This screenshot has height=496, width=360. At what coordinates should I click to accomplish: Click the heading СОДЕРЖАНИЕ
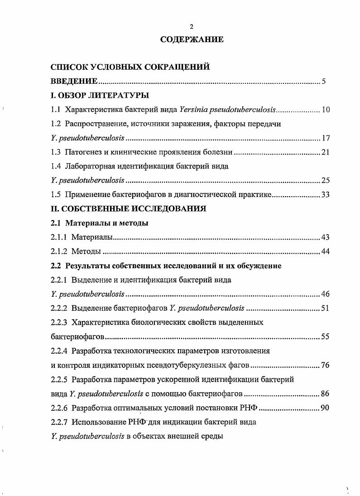point(192,40)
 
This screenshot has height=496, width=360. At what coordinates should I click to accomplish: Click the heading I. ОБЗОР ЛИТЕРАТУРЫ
point(100,96)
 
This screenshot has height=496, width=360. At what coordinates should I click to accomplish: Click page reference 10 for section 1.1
point(326,110)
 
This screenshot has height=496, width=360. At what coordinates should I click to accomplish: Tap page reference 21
point(326,152)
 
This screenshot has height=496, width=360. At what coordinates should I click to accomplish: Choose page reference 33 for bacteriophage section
point(326,195)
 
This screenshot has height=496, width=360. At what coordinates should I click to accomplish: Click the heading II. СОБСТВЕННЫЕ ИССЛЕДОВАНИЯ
point(128,209)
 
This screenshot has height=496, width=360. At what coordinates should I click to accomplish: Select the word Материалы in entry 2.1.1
point(92,237)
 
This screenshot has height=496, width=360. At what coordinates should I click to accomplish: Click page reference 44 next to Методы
point(326,251)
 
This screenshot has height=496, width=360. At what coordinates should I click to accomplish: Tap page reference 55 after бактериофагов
point(326,337)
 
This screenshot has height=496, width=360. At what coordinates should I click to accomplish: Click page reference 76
point(326,366)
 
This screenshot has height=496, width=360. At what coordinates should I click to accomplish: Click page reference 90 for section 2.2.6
point(325,408)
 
